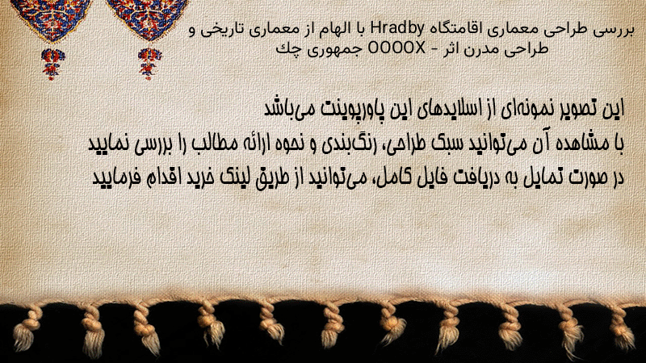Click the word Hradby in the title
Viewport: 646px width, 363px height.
click(x=397, y=29)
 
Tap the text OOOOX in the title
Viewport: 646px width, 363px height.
click(x=396, y=49)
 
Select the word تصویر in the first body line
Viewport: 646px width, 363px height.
click(x=577, y=109)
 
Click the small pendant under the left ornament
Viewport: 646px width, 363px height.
click(x=52, y=63)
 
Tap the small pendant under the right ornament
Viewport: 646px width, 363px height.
click(x=149, y=63)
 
